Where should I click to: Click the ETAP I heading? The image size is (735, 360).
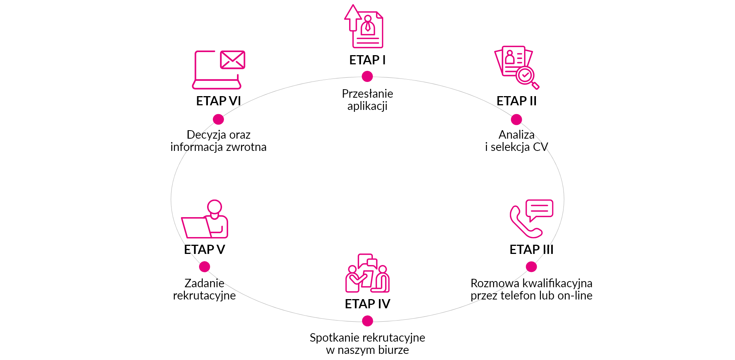click(367, 60)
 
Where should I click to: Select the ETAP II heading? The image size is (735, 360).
click(516, 101)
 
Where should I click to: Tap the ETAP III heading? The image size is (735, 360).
click(531, 250)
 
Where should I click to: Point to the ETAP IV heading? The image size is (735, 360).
click(367, 304)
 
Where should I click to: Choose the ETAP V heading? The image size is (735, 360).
click(204, 250)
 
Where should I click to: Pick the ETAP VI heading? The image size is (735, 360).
click(219, 101)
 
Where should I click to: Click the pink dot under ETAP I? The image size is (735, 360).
click(367, 77)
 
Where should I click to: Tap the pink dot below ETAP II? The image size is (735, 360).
click(516, 119)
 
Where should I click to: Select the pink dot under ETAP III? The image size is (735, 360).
click(531, 267)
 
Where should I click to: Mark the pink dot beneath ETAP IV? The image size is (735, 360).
click(367, 321)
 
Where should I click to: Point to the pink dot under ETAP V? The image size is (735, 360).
click(204, 267)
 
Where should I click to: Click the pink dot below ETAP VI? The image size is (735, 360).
click(219, 119)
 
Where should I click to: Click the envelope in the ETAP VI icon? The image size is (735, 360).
click(233, 60)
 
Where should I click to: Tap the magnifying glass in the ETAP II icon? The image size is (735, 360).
click(527, 77)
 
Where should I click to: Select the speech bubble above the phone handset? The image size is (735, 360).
click(539, 210)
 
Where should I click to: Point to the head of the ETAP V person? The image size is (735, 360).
click(214, 207)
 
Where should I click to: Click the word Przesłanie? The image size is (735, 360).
click(367, 94)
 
